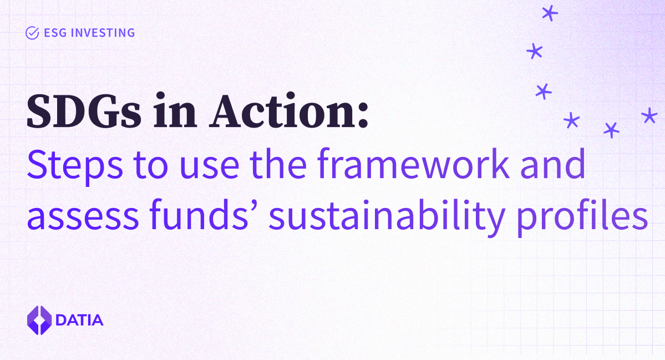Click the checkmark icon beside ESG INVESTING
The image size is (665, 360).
[32, 33]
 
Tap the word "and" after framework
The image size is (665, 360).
[552, 164]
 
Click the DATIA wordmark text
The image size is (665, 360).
[79, 320]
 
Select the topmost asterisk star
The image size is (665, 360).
[549, 13]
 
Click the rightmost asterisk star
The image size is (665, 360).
[648, 116]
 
